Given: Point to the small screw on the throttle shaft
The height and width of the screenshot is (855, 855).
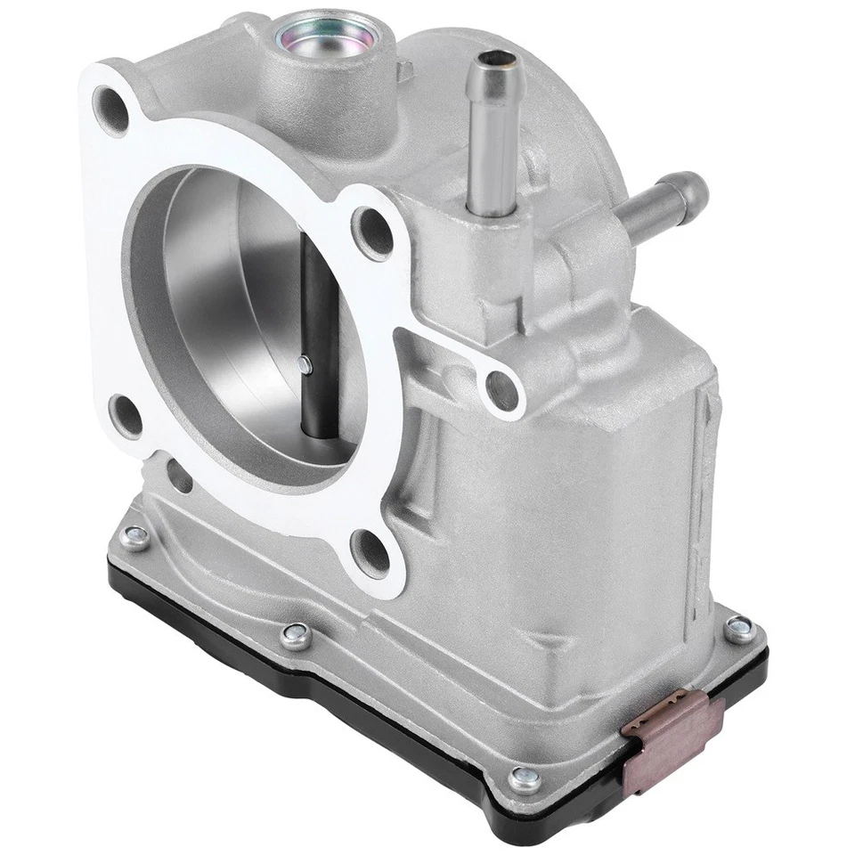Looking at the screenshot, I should (x=305, y=362).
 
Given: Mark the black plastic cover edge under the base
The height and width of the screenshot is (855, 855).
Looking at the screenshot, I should (x=356, y=704).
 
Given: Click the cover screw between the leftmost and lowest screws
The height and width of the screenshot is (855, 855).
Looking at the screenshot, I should (x=290, y=633).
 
